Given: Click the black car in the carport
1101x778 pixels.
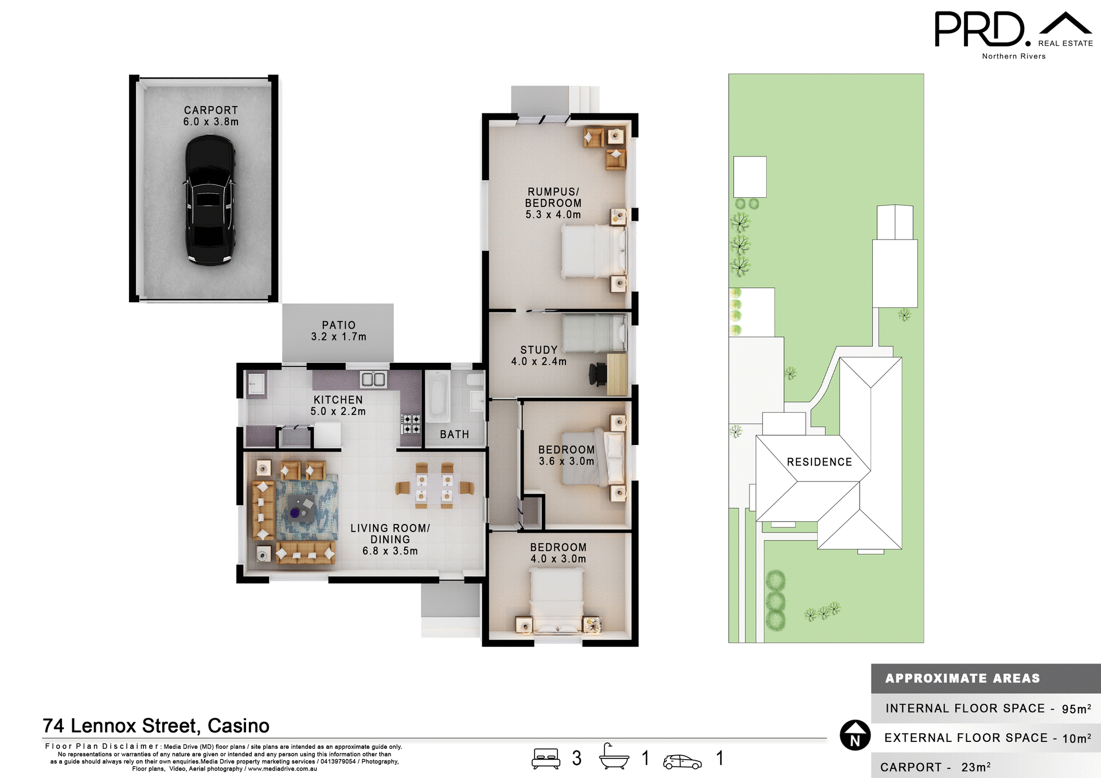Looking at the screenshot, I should [210, 200].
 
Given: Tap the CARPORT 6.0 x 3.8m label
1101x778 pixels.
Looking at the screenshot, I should [210, 116].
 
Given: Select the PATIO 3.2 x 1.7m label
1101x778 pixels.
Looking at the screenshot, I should [338, 331].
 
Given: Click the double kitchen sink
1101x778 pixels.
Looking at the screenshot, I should [373, 379].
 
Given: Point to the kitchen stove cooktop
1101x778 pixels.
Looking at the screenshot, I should [411, 424].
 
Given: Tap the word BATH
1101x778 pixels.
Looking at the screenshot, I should [454, 435].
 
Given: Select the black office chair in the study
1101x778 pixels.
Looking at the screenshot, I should [598, 374].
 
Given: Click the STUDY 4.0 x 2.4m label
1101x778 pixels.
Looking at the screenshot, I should [538, 355].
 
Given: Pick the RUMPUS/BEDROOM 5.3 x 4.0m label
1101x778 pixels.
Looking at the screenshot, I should [553, 203].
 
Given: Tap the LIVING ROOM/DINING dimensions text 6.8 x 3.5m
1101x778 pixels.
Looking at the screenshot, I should [390, 551].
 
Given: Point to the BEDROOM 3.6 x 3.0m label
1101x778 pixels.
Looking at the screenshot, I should [566, 455].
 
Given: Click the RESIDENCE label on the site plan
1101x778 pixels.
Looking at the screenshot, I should [819, 462].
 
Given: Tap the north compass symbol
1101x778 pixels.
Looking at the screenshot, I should [855, 735].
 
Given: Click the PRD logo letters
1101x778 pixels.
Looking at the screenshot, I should [979, 29].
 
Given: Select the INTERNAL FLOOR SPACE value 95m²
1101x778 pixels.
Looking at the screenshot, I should [1076, 709].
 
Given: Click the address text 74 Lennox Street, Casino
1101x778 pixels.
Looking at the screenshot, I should [156, 726].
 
